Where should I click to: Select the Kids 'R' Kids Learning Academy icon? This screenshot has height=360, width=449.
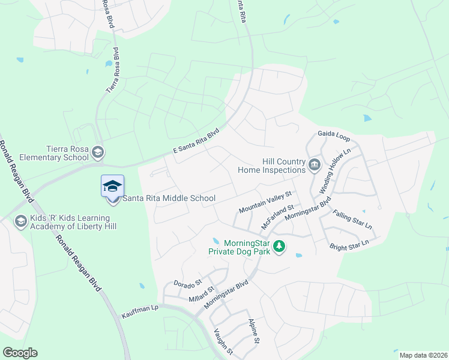point(21,222)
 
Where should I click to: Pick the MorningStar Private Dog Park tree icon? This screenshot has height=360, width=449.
point(279,246)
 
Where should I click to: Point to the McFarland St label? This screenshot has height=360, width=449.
point(277,217)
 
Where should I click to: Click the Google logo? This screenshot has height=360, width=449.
point(19,353)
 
